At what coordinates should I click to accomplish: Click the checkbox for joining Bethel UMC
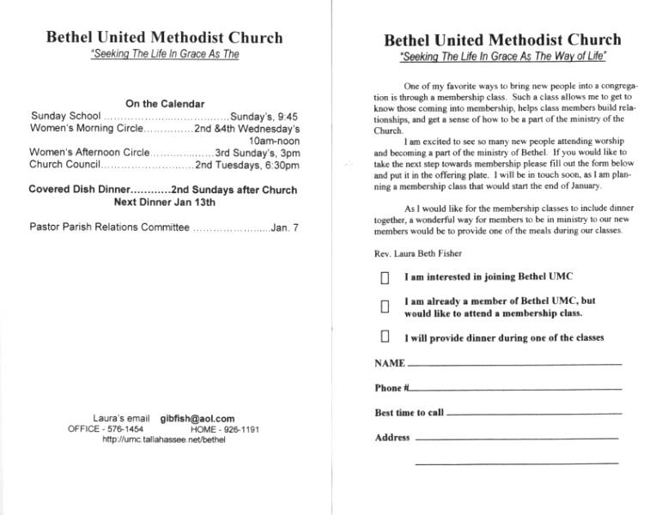[x=386, y=278]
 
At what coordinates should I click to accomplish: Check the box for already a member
[x=386, y=306]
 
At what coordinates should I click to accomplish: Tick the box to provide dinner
[x=386, y=336]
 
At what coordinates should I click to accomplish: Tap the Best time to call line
[x=534, y=414]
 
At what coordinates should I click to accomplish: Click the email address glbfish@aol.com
[x=197, y=418]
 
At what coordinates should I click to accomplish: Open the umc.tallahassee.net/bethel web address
[x=163, y=439]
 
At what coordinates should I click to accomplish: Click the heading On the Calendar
[x=164, y=104]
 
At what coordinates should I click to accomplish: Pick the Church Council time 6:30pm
[x=276, y=165]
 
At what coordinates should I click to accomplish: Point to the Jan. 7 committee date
[x=285, y=227]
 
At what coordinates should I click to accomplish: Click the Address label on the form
[x=392, y=438]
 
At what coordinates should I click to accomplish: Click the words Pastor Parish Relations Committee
[x=109, y=227]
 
